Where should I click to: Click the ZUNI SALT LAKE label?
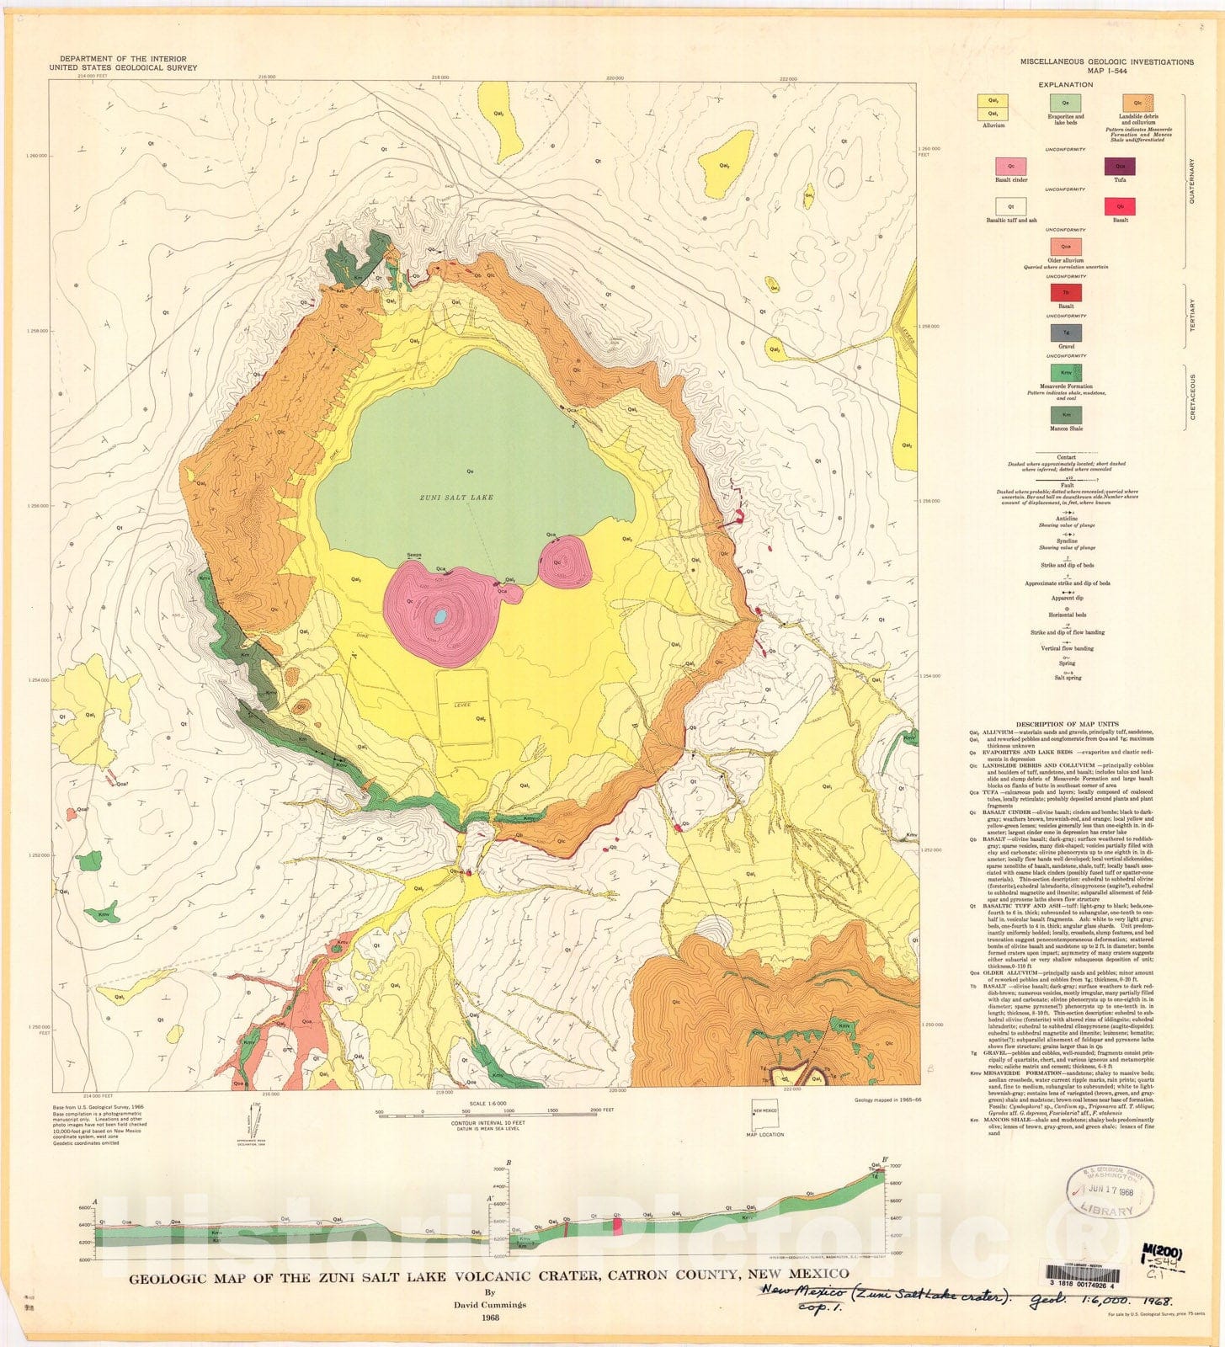pos(455,498)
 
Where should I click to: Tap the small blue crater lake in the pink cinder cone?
pos(439,617)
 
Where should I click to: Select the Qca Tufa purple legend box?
pos(1120,166)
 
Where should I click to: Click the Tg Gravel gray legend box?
pos(1065,333)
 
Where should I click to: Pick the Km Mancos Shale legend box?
pos(1065,415)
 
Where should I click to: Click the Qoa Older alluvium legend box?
pos(1065,246)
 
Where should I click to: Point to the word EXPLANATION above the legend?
pos(1066,85)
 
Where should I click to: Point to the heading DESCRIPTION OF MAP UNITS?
pos(1066,724)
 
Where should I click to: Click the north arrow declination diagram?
pos(253,1116)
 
